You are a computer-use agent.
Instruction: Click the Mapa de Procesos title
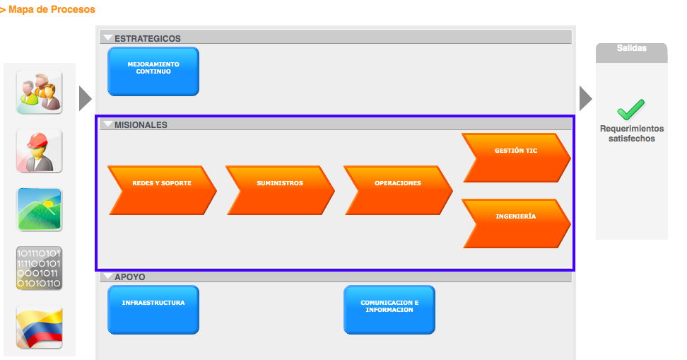pos(51,10)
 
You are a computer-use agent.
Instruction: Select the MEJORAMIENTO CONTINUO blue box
pos(153,71)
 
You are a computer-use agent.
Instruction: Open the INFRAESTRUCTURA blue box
pos(153,309)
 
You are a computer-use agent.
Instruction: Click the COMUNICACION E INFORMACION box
pos(389,309)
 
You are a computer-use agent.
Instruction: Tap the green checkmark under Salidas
pos(630,109)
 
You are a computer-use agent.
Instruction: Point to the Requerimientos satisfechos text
pos(632,134)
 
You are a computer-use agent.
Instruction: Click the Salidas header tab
pos(631,49)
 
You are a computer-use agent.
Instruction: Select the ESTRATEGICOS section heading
pos(148,39)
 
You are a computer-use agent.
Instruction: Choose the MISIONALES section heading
pos(141,124)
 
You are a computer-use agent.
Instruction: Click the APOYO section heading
pos(130,277)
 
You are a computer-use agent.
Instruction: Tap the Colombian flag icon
pos(39,327)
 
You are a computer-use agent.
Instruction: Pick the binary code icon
pos(39,268)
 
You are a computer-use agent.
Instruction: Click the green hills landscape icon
pos(39,209)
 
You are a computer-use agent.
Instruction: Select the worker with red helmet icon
pos(39,151)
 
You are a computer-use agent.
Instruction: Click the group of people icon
pos(39,92)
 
